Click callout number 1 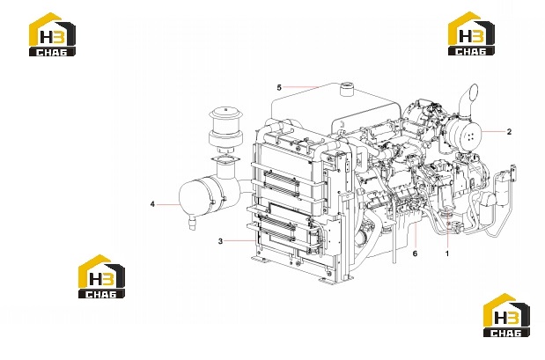(x=447, y=253)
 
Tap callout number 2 (x=509, y=132)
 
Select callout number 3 (x=220, y=241)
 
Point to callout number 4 (x=152, y=204)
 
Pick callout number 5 (x=279, y=87)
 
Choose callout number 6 (x=415, y=253)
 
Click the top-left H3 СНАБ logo (x=52, y=34)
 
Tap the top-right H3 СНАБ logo (x=471, y=33)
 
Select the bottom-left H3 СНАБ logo (x=101, y=276)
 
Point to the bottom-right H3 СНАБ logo (x=506, y=315)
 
